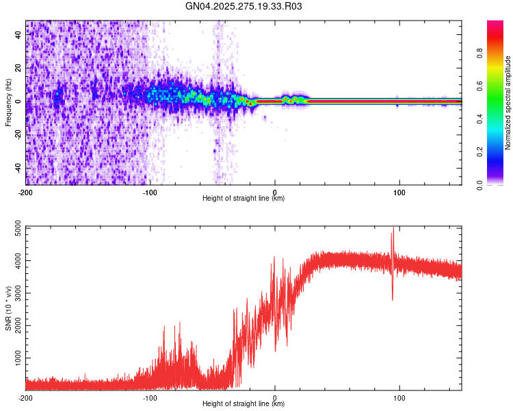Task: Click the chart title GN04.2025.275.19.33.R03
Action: coord(244,6)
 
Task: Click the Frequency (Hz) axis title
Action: coord(8,103)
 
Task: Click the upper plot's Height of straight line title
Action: coord(244,199)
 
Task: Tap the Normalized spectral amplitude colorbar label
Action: coord(508,103)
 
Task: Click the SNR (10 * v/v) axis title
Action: coord(8,308)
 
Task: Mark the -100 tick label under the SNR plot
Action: coord(150,397)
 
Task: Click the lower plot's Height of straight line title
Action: coord(244,404)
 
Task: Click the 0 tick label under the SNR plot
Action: coord(275,397)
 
